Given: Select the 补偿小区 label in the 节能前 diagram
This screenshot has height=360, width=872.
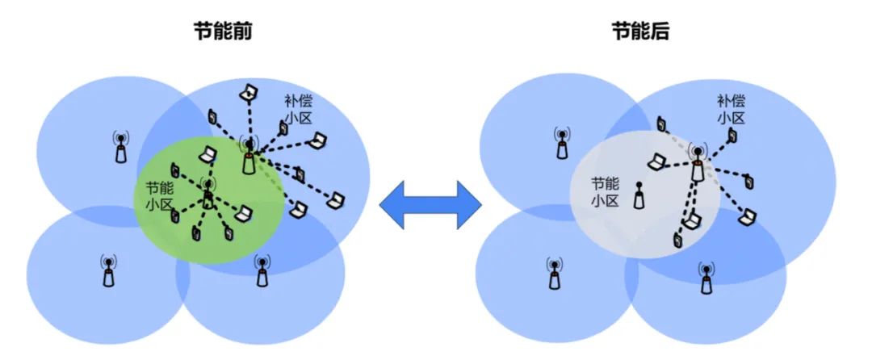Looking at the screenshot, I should (298, 111).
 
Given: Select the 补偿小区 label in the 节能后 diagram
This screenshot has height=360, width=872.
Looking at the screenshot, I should (731, 111).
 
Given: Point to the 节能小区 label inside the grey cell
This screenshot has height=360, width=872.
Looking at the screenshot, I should (606, 192).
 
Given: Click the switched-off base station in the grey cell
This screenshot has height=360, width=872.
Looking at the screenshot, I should (639, 196).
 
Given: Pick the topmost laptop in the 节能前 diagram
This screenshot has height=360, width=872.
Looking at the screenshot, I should (248, 93).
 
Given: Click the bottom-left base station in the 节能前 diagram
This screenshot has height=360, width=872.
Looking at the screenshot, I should (109, 273).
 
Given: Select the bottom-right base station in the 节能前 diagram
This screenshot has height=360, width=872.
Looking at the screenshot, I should (261, 271).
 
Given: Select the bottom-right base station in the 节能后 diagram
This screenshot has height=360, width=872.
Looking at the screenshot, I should (706, 278).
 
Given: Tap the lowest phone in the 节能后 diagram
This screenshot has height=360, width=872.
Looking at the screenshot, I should (678, 240).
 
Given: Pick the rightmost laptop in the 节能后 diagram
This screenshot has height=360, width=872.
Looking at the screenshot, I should (748, 216).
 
